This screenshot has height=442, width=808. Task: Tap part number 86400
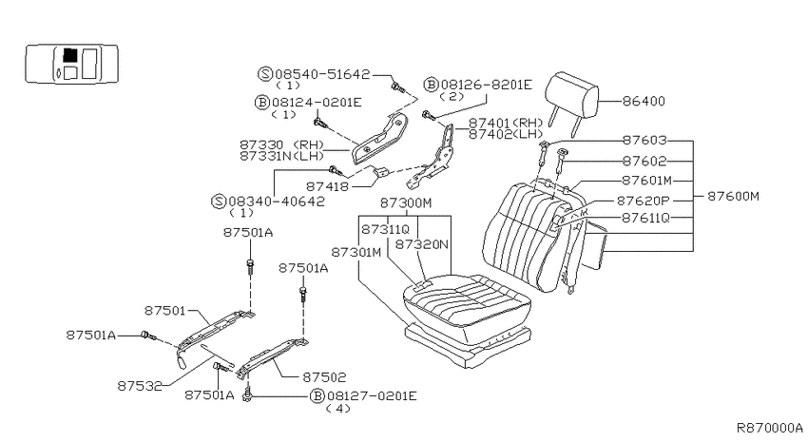tap(644, 101)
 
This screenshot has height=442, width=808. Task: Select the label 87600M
tap(733, 196)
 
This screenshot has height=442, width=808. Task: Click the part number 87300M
tap(406, 203)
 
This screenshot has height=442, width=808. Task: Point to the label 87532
tap(140, 386)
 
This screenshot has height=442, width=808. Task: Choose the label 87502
tap(324, 377)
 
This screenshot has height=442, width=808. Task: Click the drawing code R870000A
tap(769, 428)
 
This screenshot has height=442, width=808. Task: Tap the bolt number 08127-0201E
tap(372, 396)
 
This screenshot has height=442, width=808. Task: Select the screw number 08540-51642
tap(322, 74)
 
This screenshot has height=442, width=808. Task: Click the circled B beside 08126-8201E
tap(431, 85)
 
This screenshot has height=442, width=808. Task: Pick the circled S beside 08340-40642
tap(219, 202)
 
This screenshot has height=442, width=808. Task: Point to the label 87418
tap(327, 186)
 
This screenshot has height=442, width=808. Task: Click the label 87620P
tap(644, 201)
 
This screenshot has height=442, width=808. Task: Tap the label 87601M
tap(647, 181)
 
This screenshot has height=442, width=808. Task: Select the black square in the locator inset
tap(70, 54)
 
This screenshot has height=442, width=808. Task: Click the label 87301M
tap(356, 253)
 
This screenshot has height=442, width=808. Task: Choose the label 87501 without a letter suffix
tap(164, 311)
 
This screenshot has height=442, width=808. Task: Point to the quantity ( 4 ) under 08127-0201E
tap(338, 409)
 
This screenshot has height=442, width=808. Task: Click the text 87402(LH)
tap(506, 134)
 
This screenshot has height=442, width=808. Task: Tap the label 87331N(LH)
tap(282, 156)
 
